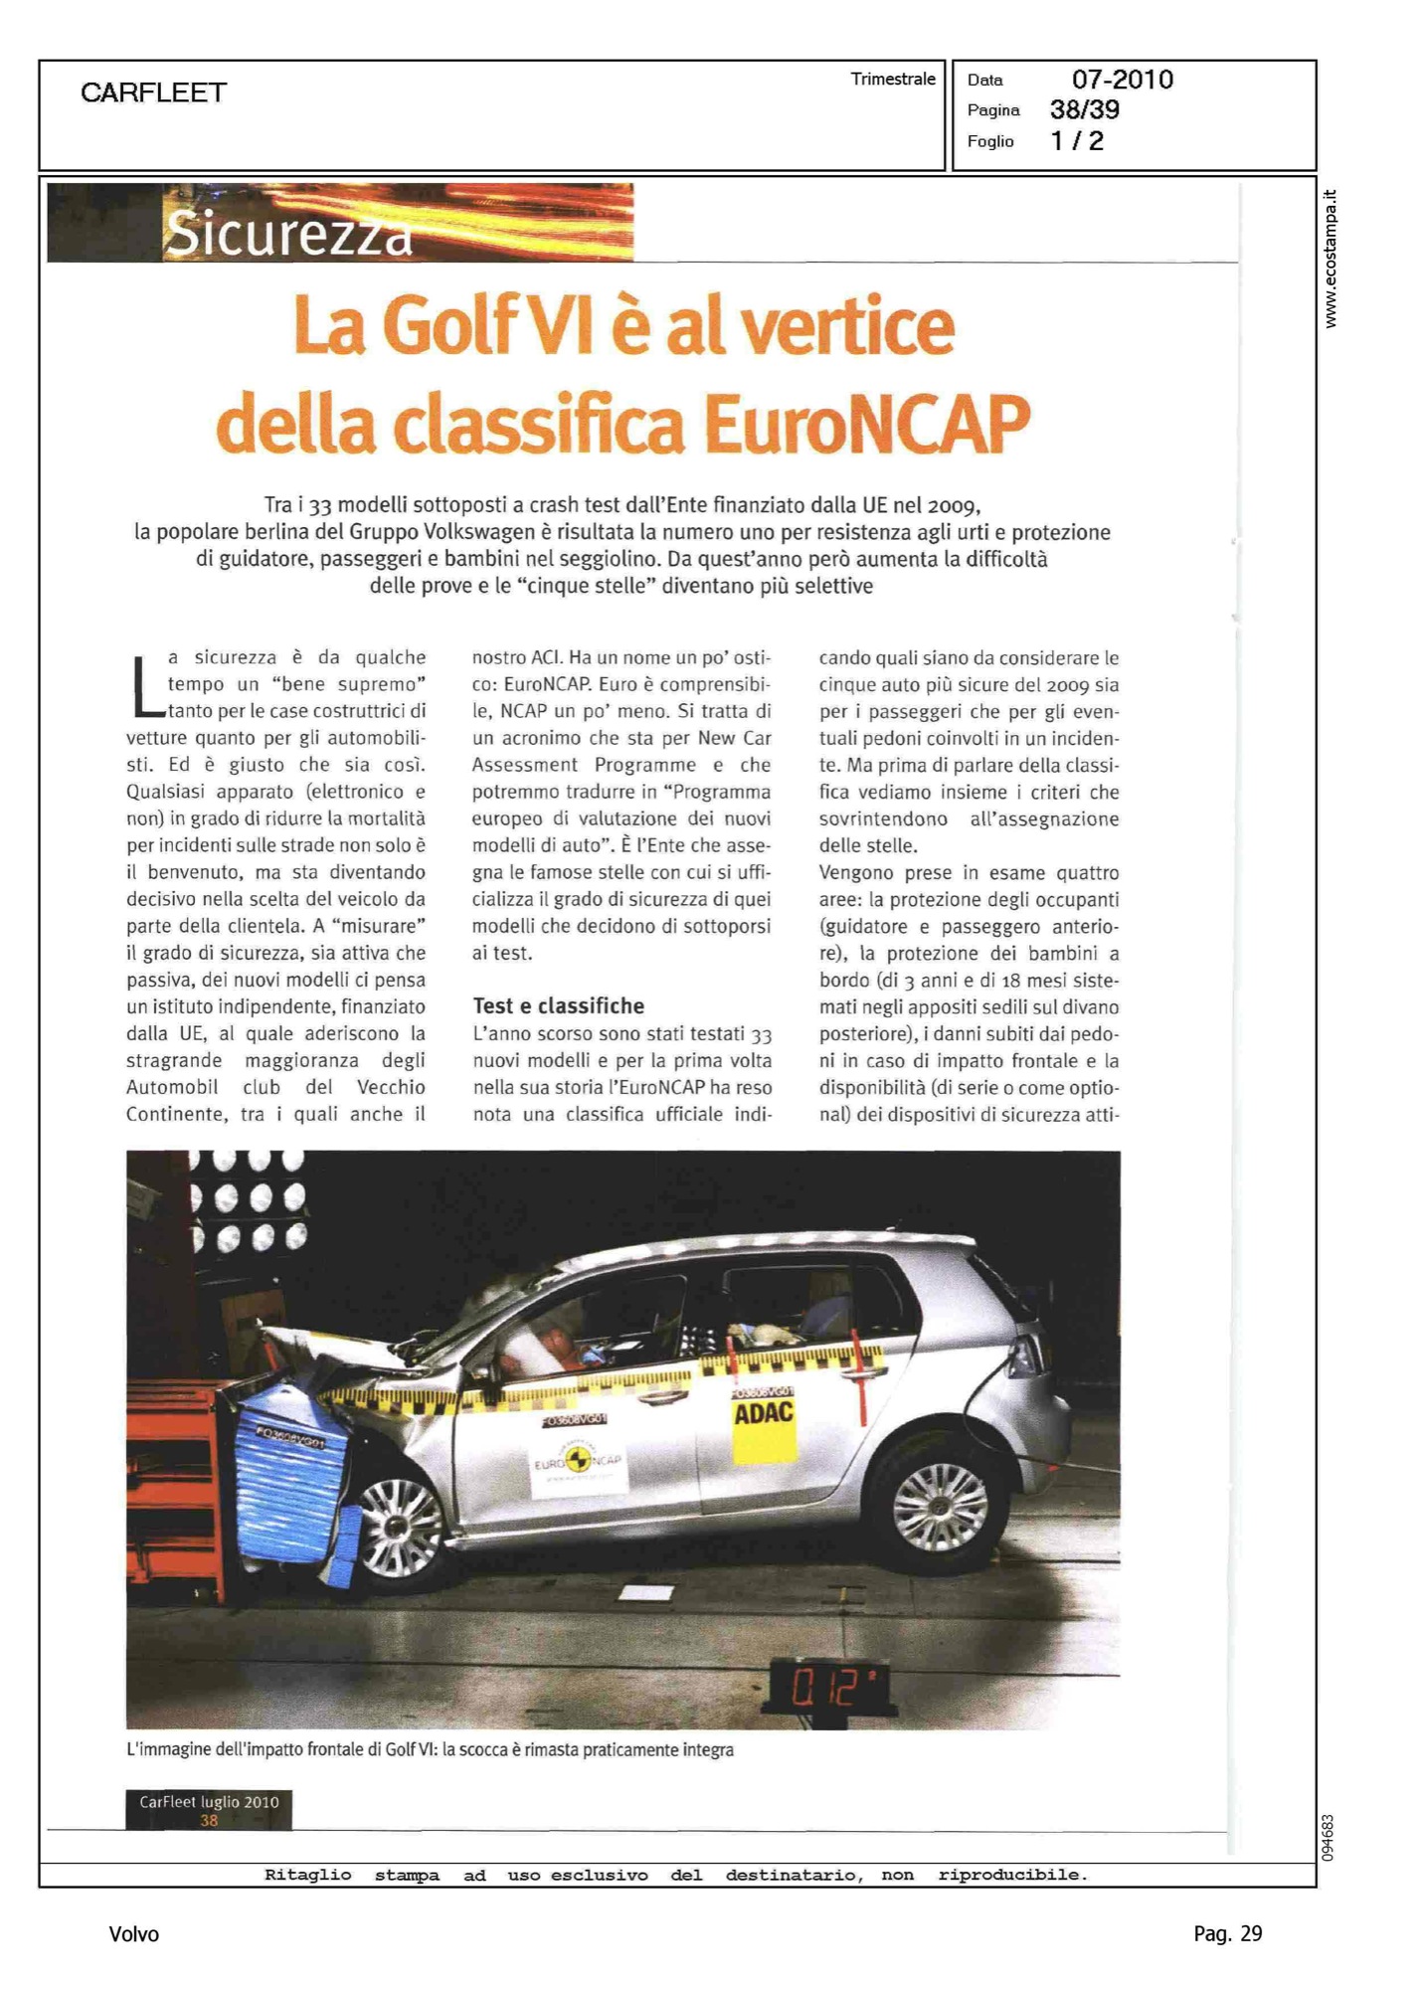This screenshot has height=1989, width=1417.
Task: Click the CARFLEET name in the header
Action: tap(154, 92)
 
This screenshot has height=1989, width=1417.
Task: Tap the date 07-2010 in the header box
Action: tap(1122, 80)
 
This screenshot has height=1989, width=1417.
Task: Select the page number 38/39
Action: tap(1084, 109)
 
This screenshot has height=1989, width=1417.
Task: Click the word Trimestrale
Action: tap(893, 80)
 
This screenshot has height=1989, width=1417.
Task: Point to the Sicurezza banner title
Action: tap(288, 234)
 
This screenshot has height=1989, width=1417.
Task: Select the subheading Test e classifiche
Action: tap(558, 1005)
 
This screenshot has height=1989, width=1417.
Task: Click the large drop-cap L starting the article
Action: tap(146, 685)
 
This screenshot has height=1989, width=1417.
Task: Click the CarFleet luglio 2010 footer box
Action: tap(209, 1809)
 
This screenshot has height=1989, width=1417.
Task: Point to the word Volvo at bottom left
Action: tap(133, 1933)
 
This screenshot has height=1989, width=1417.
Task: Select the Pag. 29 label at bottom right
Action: tap(1227, 1933)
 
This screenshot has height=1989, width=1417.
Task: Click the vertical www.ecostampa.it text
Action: tap(1330, 259)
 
